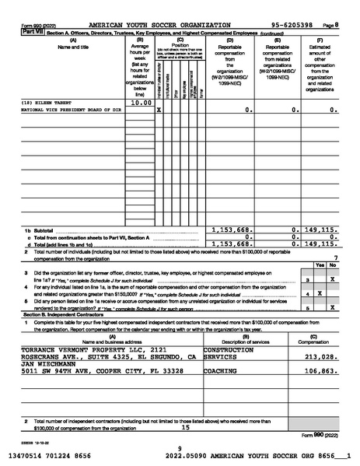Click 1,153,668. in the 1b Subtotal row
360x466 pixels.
tap(230, 229)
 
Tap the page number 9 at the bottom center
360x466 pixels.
tap(180, 447)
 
